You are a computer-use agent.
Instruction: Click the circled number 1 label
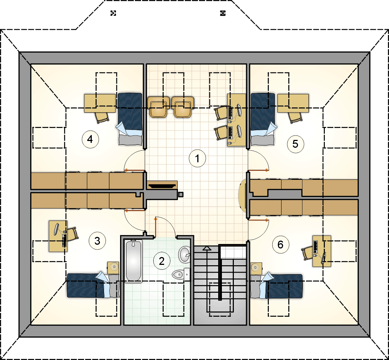point(197,159)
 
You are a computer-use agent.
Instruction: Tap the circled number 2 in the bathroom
point(162,261)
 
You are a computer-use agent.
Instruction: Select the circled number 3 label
point(97,241)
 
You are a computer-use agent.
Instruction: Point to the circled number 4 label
point(90,139)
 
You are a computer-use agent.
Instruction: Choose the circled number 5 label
point(295,144)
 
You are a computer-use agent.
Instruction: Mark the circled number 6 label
point(280,245)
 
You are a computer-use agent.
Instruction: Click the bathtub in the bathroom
point(134,261)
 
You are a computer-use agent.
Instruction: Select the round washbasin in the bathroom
point(185,254)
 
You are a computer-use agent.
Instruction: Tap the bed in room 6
point(276,285)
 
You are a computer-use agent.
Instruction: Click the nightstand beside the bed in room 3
point(113,268)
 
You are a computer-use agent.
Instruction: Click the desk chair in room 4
point(102,117)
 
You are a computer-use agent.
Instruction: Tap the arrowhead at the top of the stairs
point(207,248)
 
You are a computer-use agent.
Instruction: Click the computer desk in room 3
point(58,236)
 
